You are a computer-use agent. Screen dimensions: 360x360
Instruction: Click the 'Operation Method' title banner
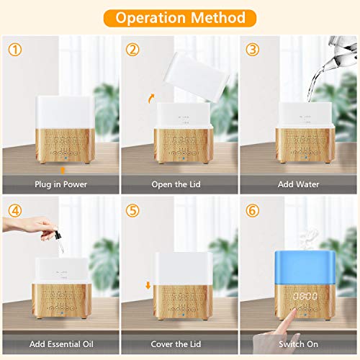point(180,17)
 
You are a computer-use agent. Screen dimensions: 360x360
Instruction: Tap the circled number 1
point(14,50)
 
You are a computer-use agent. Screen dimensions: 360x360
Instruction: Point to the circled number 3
point(253,50)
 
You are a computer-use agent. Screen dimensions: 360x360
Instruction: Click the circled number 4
point(14,212)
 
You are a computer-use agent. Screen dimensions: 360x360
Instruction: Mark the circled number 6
point(253,212)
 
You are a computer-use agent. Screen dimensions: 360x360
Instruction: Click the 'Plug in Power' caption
point(61,184)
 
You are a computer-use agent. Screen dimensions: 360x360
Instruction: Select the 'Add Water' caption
point(299,184)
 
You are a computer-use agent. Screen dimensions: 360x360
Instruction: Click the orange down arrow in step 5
point(148,285)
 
